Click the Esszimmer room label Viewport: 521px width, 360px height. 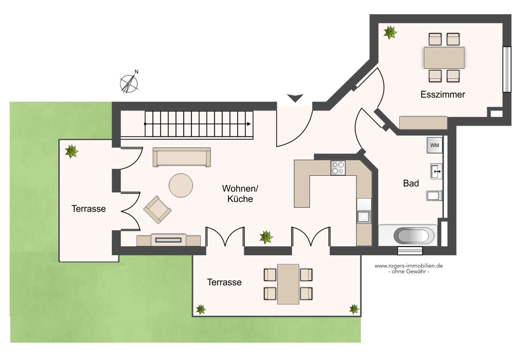443,94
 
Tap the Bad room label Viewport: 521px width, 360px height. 411,183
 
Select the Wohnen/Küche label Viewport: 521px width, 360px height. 240,194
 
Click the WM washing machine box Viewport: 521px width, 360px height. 434,145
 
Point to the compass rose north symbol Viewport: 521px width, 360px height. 129,82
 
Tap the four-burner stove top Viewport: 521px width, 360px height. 338,168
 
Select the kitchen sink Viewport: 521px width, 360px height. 364,216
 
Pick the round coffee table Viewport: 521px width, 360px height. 181,185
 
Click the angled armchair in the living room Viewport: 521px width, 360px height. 157,210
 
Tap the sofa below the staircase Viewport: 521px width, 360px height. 182,157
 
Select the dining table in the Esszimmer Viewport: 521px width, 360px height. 444,58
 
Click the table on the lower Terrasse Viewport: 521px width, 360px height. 288,284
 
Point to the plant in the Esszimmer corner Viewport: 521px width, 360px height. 390,33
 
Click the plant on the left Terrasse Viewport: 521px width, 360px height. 72,151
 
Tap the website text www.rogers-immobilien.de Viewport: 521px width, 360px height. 409,266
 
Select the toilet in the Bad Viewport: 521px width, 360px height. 434,195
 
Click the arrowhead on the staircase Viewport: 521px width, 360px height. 249,124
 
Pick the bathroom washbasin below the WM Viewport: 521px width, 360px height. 436,171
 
